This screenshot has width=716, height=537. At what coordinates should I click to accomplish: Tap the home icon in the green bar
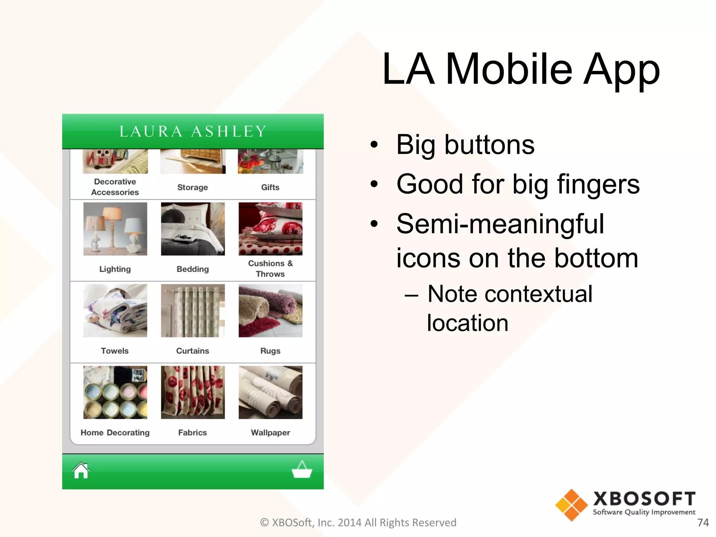(81, 471)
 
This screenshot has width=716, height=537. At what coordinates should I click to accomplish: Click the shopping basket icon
(302, 470)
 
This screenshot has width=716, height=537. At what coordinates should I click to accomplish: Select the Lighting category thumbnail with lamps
(115, 229)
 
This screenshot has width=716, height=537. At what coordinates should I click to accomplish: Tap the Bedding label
(193, 269)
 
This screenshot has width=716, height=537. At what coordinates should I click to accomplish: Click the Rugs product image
(270, 310)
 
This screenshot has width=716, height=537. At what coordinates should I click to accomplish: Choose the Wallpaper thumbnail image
(270, 392)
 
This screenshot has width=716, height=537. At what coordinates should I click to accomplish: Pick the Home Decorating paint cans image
(115, 392)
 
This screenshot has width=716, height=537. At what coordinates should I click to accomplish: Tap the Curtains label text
(193, 351)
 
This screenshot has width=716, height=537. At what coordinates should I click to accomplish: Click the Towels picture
(115, 310)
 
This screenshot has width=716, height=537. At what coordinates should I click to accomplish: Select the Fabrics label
(193, 433)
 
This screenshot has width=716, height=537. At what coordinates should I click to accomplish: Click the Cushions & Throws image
(270, 229)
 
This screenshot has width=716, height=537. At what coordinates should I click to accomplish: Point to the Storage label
(193, 187)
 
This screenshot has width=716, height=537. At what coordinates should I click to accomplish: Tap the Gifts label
(270, 187)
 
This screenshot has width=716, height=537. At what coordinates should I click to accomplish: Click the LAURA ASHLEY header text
(193, 131)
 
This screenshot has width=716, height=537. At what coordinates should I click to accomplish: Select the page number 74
(703, 522)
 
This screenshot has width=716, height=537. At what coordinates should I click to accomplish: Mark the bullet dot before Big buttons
(374, 144)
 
